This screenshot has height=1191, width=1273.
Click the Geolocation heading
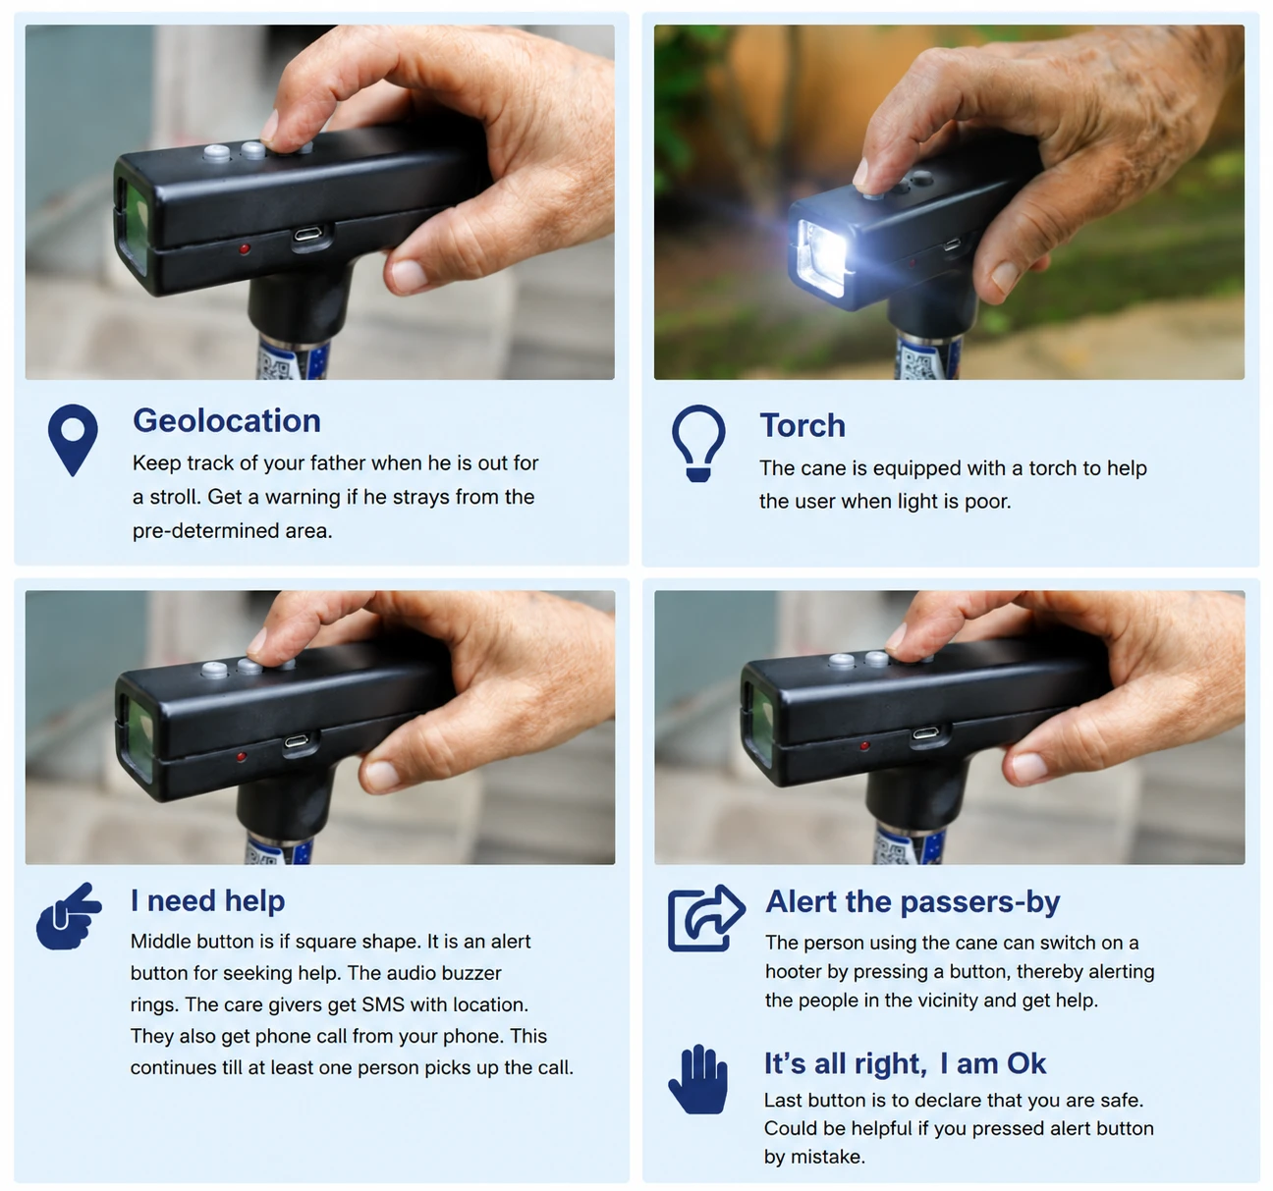click(226, 421)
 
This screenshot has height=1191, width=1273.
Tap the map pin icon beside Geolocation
click(73, 440)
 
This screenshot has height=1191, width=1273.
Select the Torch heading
click(802, 425)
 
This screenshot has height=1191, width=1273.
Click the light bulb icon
click(698, 443)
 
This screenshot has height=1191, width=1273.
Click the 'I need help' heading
click(207, 901)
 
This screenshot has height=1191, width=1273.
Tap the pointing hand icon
click(69, 917)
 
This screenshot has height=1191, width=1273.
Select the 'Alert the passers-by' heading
click(913, 902)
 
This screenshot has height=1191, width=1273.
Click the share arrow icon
click(705, 918)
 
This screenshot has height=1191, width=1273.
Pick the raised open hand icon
click(698, 1079)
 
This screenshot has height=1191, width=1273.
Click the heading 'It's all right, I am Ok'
click(905, 1064)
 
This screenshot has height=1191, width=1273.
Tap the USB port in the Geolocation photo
click(310, 236)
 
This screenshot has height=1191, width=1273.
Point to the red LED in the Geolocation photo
click(245, 248)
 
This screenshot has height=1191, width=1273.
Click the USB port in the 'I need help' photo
click(296, 742)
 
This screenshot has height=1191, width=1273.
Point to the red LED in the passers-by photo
click(864, 746)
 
